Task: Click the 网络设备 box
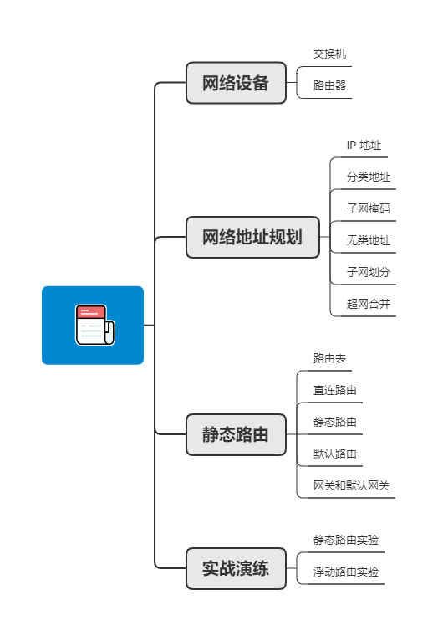coord(236,83)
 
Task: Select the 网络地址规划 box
coord(252,237)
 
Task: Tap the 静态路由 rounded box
coord(236,434)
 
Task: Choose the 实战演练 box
coord(236,569)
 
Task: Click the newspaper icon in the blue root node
coord(94,326)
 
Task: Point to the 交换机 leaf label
coord(330,54)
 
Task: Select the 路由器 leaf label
coord(330,85)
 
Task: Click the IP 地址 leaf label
coord(364,145)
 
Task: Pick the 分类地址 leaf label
coord(369,177)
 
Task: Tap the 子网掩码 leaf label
coord(369,208)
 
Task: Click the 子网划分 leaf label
coord(369,272)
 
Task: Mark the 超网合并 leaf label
coord(369,304)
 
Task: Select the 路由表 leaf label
coord(330,358)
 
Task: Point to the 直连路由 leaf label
coord(335,390)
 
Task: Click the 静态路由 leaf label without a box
coord(335,422)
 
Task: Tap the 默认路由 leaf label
coord(335,454)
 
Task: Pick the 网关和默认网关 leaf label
coord(351,485)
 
